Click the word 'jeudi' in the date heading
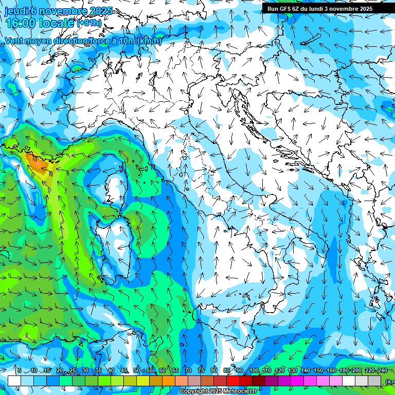click(16, 11)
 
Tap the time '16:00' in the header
click(22, 23)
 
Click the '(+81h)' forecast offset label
click(89, 23)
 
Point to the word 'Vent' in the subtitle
click(15, 41)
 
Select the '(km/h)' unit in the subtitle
click(149, 41)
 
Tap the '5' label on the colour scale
click(19, 370)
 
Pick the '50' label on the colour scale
click(136, 370)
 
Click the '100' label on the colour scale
click(254, 370)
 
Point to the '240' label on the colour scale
click(382, 370)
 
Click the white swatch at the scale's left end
click(14, 381)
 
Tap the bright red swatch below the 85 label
click(233, 381)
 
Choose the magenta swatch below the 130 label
click(297, 381)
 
